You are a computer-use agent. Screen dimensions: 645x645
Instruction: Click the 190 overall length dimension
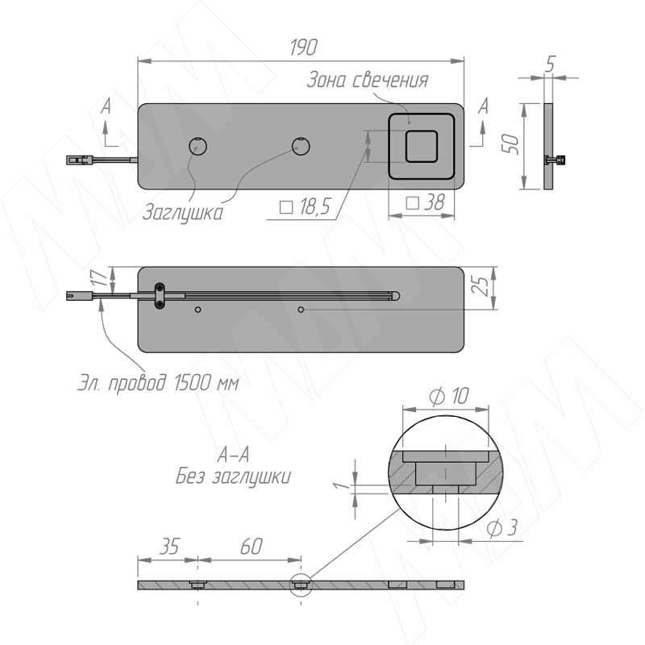point(304,48)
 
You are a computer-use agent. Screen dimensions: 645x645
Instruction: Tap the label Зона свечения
point(368,80)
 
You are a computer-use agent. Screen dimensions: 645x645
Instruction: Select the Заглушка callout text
point(183,213)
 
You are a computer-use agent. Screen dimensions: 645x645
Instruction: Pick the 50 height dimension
point(513,144)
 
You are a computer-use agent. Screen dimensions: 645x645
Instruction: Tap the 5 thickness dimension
point(551,64)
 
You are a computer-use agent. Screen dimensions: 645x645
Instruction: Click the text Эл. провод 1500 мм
point(158,384)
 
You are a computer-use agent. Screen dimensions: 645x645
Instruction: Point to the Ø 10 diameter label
point(449,396)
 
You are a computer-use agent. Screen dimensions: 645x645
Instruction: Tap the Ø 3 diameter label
point(501,528)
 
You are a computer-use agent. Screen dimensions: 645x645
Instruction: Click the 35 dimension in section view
point(169,547)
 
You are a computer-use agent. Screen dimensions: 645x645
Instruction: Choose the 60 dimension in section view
point(251,547)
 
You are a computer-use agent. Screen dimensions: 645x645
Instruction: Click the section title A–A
point(233,456)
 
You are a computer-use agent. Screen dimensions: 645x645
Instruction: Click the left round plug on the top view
point(198,146)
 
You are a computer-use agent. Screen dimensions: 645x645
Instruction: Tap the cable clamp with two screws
point(160,296)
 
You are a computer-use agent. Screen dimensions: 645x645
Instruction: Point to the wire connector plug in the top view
point(80,160)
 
